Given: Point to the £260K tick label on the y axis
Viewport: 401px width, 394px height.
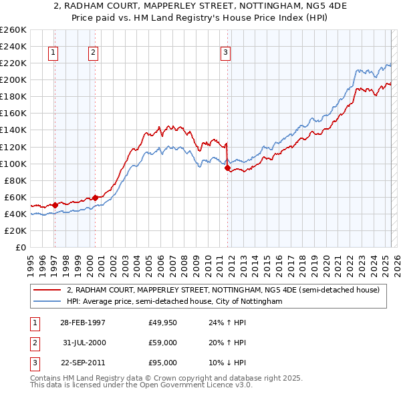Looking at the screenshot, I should coord(13,30).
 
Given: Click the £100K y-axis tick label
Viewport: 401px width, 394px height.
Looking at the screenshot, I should coord(13,164).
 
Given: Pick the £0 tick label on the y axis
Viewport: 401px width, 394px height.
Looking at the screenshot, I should coord(21,248).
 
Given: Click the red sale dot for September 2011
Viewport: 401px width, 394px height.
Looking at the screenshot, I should coord(228,168).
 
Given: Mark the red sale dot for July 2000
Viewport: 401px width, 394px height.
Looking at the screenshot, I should coord(95,198).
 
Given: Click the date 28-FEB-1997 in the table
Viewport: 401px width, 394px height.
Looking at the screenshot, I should coord(82,323).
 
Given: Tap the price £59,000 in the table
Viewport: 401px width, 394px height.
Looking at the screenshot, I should coord(163,343).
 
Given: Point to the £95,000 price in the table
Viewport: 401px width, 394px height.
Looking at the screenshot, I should coord(163,363).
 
